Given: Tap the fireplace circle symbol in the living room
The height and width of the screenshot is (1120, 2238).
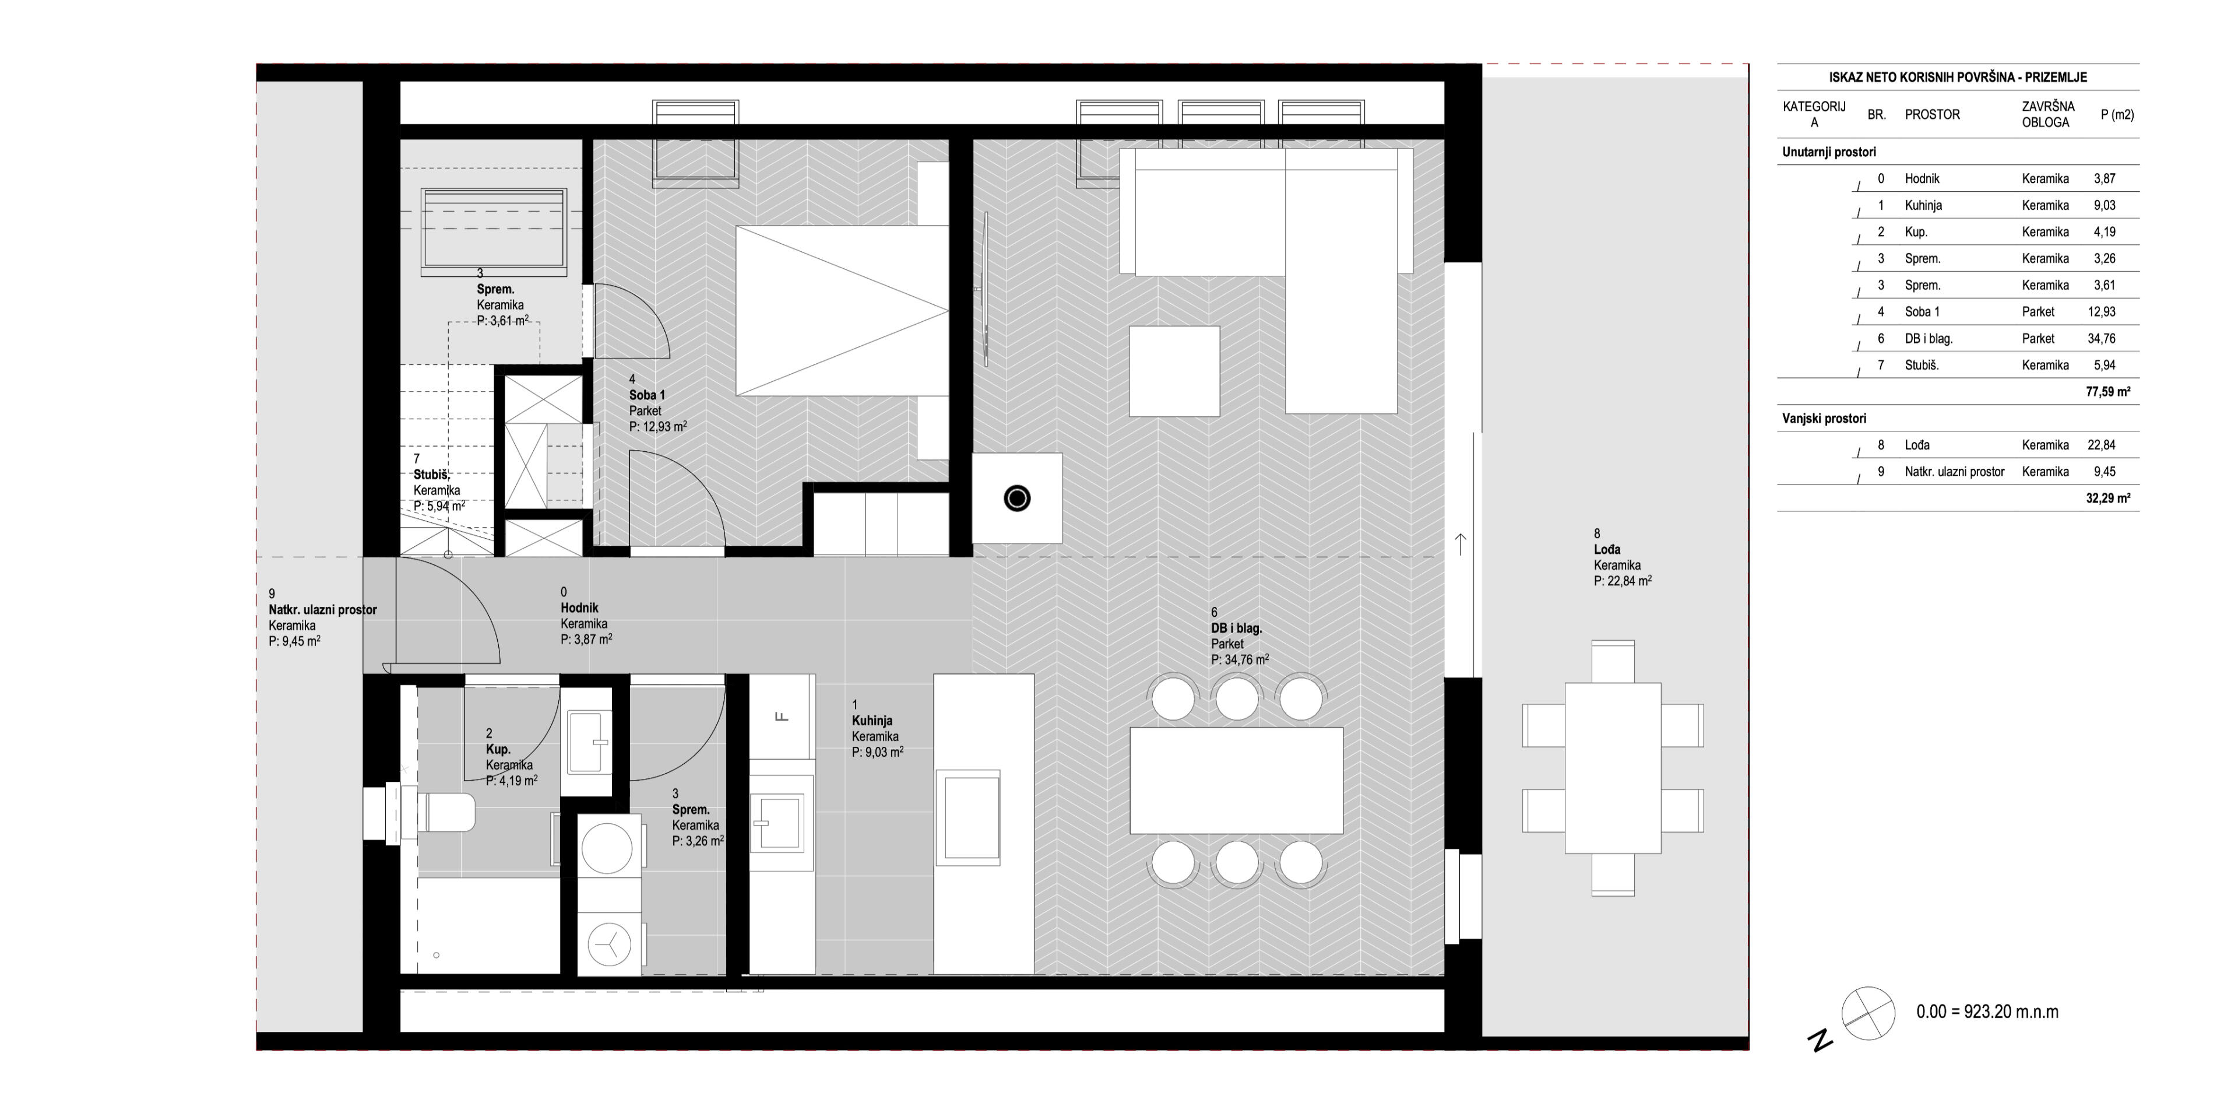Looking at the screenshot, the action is tap(1016, 498).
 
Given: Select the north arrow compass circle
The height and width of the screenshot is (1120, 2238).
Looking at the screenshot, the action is tap(1868, 1013).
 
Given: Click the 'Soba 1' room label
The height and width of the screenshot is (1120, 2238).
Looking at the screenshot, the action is tap(648, 395).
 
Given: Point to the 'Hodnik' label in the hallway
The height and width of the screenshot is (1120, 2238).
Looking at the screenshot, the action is tap(579, 608).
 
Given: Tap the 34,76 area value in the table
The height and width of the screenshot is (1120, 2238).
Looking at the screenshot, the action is tap(2102, 339).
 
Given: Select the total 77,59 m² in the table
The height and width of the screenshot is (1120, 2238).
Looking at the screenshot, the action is tap(2107, 392).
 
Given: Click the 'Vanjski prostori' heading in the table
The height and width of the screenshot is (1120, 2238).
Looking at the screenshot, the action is tap(1824, 419).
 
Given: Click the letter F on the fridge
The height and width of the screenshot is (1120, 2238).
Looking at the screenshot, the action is tap(781, 717).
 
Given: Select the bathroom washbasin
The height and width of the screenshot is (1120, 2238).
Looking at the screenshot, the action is tap(589, 741).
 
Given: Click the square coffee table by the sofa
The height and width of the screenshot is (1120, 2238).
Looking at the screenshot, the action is tap(1174, 371).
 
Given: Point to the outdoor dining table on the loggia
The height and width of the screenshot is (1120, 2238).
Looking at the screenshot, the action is tap(1613, 768).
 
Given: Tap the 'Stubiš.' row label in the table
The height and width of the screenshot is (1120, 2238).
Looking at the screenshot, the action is tap(1922, 366).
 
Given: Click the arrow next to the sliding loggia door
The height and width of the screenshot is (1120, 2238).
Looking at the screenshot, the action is tap(1461, 544).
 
